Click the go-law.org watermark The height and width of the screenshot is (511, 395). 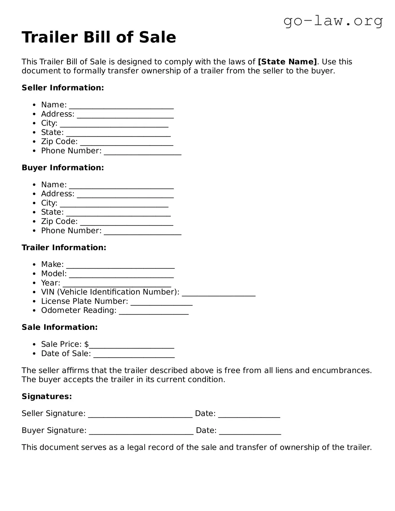click(x=333, y=21)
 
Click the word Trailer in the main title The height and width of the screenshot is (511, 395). click(x=50, y=37)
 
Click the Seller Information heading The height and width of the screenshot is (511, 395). click(x=63, y=88)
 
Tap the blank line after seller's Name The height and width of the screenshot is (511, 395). click(x=121, y=107)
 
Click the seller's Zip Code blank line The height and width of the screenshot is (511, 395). click(x=126, y=144)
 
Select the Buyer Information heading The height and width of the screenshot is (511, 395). click(x=63, y=168)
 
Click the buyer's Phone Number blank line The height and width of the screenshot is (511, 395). click(x=142, y=233)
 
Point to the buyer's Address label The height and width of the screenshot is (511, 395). click(x=58, y=194)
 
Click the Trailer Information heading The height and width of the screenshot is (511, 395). click(x=64, y=247)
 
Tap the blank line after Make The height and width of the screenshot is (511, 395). click(x=120, y=266)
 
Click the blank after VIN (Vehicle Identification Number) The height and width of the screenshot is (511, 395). click(x=218, y=294)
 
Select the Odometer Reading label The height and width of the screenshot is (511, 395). click(x=79, y=310)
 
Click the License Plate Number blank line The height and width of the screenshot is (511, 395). click(x=161, y=303)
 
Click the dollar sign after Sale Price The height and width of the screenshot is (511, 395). click(x=86, y=344)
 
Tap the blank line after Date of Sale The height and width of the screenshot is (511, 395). click(x=134, y=355)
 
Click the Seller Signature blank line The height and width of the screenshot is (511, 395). click(x=140, y=415)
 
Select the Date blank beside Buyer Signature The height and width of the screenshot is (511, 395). click(x=250, y=432)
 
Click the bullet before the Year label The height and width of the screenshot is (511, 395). click(x=35, y=283)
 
